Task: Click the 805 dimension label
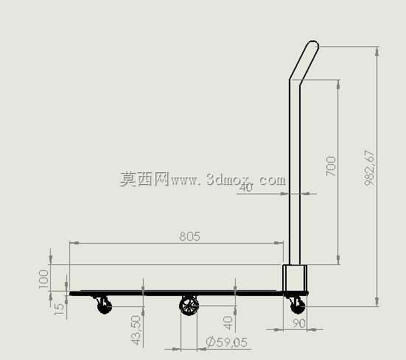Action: click(x=190, y=236)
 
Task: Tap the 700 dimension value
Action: click(x=331, y=166)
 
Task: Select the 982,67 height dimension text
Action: click(x=369, y=168)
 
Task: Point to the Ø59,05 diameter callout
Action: click(x=227, y=342)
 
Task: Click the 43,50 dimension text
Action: click(x=136, y=330)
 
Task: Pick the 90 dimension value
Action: click(x=299, y=323)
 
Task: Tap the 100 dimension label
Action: click(x=43, y=279)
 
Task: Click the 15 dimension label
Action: click(x=59, y=309)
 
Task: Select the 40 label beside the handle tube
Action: click(x=245, y=187)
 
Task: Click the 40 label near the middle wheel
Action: click(x=228, y=323)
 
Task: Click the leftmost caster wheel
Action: click(x=104, y=306)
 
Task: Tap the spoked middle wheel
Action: click(x=189, y=306)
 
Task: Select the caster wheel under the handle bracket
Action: click(x=298, y=306)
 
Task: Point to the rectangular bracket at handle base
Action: click(x=295, y=278)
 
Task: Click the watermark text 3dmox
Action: click(x=228, y=179)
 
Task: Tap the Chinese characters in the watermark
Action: click(x=144, y=179)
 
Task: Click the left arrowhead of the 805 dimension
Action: click(x=74, y=243)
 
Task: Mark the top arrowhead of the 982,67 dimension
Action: click(x=377, y=52)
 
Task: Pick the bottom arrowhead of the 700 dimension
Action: click(x=338, y=260)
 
